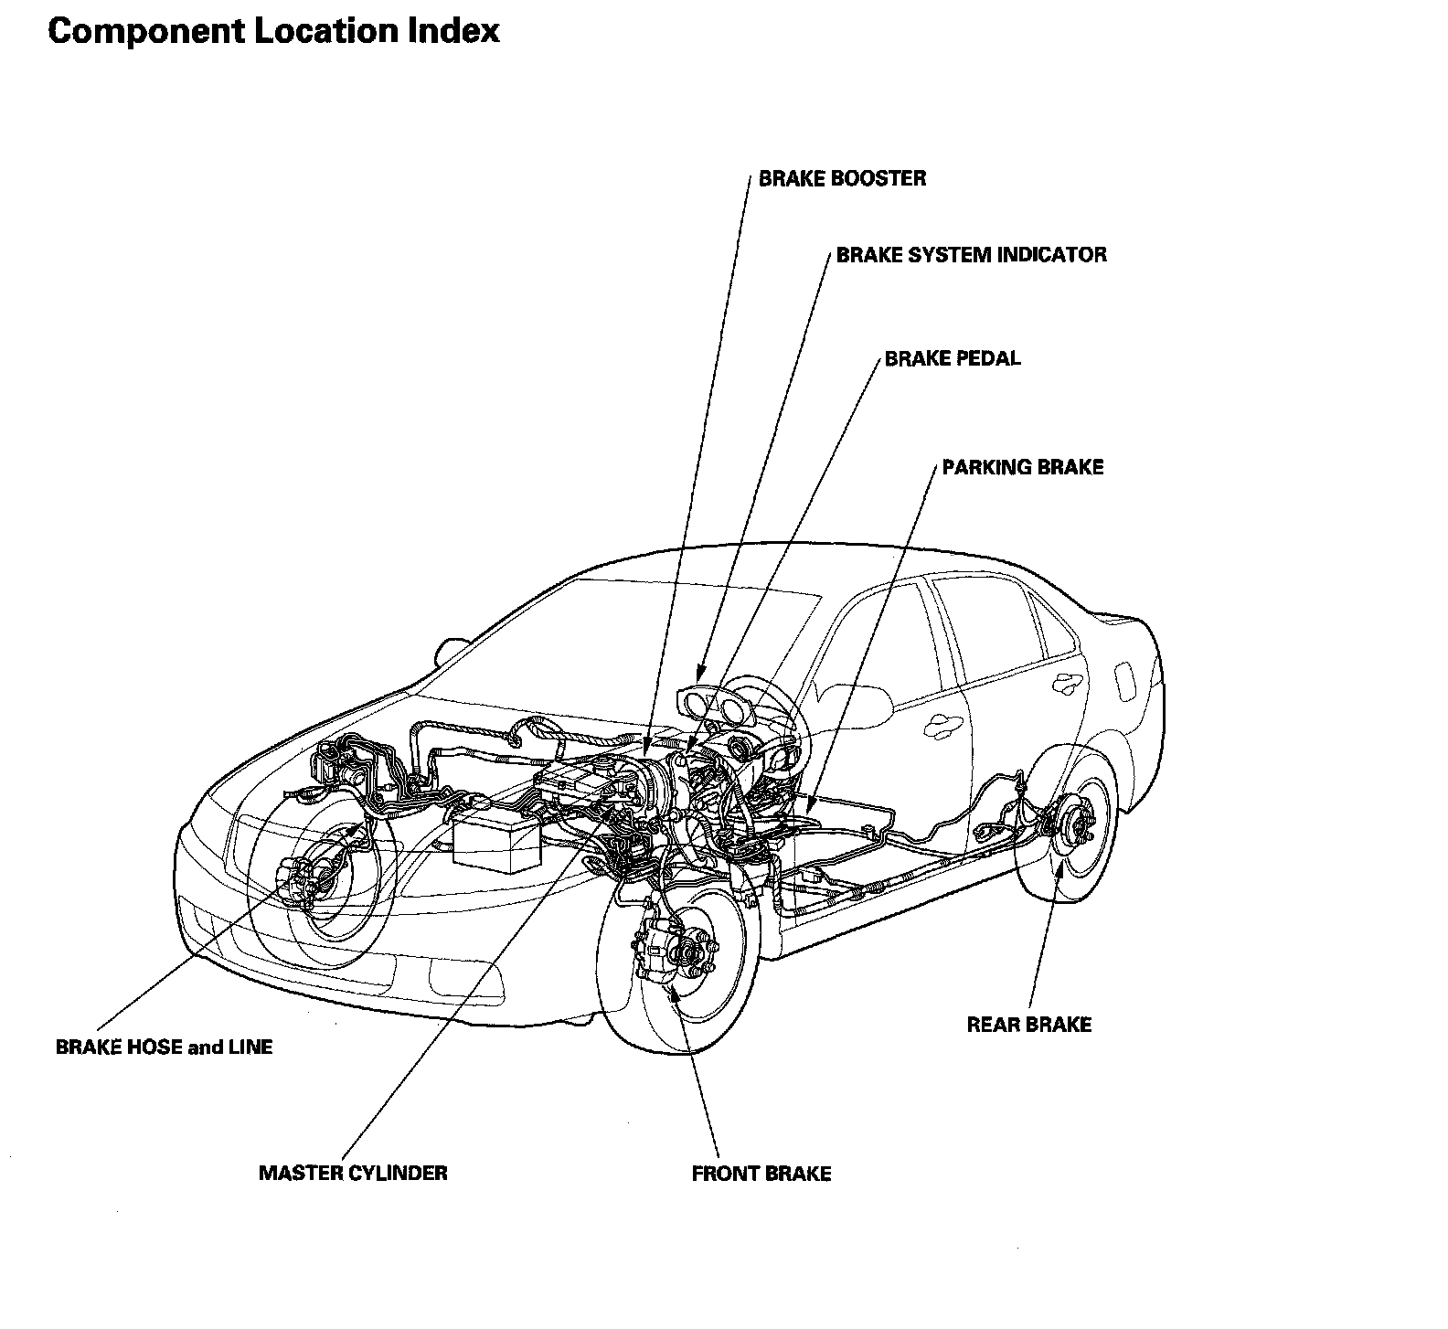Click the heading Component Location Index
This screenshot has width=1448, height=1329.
(273, 31)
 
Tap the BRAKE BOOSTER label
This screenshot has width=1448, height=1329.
(842, 178)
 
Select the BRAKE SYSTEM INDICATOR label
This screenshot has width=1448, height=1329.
(971, 254)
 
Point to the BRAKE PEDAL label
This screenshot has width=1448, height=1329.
(952, 358)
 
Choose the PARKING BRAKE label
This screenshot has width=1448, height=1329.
(1023, 467)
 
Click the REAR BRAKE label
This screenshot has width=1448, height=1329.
(1028, 1025)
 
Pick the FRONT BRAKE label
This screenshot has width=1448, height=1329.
(761, 1174)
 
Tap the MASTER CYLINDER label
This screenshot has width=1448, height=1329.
(353, 1173)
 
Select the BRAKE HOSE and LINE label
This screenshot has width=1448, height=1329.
(165, 1047)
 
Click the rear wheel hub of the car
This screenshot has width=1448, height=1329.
(1081, 826)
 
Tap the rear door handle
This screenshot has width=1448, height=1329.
(1062, 682)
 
